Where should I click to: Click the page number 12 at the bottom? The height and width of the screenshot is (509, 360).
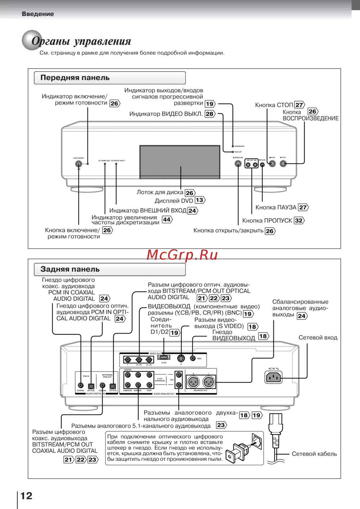tap(26, 496)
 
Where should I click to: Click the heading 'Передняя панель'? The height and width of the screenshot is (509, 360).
tap(75, 78)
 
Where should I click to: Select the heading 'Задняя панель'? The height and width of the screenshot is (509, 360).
tap(70, 269)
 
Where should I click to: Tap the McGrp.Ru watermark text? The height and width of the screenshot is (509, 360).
tap(182, 255)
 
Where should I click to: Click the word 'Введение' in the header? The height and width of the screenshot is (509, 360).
tap(38, 14)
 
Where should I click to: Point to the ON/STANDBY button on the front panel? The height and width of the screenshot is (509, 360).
tap(78, 164)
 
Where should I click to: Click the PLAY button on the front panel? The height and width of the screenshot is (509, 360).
tap(283, 164)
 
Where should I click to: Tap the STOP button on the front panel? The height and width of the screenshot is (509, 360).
tap(273, 164)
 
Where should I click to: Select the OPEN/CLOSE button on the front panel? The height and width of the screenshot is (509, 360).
tap(238, 164)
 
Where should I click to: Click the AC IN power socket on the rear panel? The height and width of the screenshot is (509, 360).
tap(273, 377)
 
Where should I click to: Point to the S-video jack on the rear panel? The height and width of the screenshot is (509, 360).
tap(181, 358)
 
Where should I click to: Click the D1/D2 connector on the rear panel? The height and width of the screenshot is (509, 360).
tap(163, 358)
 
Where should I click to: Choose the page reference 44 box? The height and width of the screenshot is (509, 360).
tap(167, 219)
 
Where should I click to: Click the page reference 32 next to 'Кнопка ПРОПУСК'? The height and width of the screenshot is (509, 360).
tap(299, 220)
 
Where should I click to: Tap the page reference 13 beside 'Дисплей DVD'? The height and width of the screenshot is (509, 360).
tap(199, 200)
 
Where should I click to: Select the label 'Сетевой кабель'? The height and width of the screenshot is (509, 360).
tap(314, 454)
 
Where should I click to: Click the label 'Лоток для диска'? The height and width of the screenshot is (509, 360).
tap(160, 192)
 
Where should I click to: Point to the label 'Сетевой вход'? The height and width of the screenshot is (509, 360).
tap(318, 338)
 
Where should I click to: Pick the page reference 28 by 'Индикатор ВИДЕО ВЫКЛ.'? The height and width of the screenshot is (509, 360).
tap(210, 114)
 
